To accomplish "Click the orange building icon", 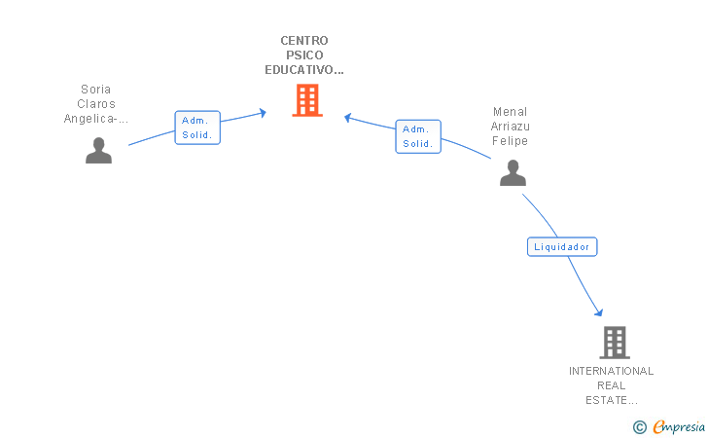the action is [307, 100].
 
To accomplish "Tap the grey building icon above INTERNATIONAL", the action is [615, 343].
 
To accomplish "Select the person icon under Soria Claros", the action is [98, 151].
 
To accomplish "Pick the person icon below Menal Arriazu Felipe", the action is [513, 172].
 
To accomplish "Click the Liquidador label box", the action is [562, 247].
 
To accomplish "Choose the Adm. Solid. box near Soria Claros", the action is [197, 128].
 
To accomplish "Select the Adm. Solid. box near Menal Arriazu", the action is [418, 136].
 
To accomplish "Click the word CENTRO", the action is [304, 41].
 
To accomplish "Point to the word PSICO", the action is [304, 55].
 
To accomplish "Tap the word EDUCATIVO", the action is [301, 70].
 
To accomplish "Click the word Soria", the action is [95, 89].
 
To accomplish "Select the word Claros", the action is [96, 104].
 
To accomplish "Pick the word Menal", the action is [511, 112].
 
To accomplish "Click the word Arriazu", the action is [511, 127].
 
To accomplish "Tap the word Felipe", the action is [511, 141].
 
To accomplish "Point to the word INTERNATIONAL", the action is [612, 371].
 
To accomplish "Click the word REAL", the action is [612, 385].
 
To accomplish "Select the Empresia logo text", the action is [679, 426].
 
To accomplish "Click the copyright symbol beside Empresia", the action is [640, 427].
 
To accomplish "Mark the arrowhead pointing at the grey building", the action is [599, 312].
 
